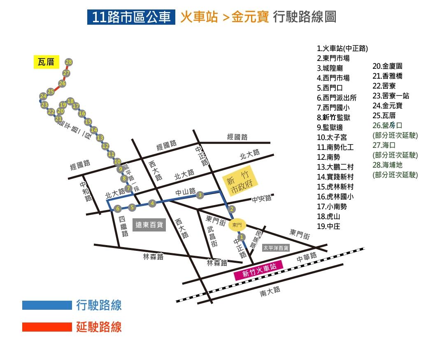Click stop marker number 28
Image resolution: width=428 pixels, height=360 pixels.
tap(69, 62)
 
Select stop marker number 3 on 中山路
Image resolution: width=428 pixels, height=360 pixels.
tap(200, 194)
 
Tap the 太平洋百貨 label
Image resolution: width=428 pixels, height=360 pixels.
tap(276, 248)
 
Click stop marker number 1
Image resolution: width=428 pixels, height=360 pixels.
tap(242, 237)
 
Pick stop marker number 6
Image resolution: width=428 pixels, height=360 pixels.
tap(118, 208)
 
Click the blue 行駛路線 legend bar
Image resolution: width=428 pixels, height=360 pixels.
tap(47, 305)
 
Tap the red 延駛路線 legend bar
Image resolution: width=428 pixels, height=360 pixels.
tap(47, 327)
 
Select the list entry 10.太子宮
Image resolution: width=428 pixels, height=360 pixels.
tap(332, 137)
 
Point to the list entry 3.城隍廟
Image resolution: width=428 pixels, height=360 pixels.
tap(330, 68)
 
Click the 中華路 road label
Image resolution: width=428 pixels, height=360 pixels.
tap(307, 258)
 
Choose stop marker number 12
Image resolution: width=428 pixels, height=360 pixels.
tap(105, 146)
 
